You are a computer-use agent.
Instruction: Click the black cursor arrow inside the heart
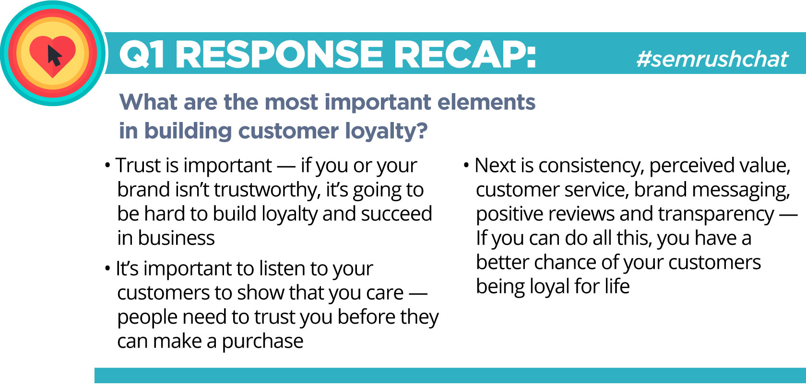54,56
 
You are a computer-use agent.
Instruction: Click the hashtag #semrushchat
712,59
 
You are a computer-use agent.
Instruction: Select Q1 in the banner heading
142,54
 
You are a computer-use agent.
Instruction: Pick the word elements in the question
486,102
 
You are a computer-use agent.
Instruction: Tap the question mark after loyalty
421,130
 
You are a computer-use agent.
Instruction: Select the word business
177,238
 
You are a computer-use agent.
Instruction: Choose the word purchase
262,341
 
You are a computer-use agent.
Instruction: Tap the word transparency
716,215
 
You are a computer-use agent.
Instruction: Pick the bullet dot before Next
466,166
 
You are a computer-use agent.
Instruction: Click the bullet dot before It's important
107,268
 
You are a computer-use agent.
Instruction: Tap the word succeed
396,214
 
